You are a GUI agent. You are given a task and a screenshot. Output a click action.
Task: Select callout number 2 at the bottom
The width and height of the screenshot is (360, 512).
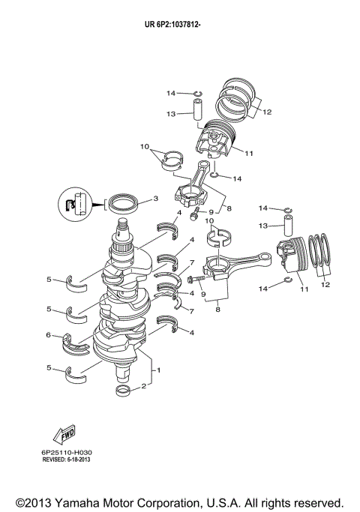click(x=143, y=387)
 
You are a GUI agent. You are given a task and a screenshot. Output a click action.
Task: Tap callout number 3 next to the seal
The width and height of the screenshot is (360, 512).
click(x=154, y=199)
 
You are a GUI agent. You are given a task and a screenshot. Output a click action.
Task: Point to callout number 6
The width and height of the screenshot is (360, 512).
click(x=49, y=335)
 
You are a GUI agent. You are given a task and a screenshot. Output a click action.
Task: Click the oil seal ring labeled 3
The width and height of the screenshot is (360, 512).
click(x=123, y=202)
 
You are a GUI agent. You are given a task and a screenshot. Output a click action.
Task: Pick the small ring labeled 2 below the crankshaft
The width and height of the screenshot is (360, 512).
click(x=124, y=392)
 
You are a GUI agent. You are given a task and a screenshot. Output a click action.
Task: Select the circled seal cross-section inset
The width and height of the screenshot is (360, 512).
click(x=75, y=205)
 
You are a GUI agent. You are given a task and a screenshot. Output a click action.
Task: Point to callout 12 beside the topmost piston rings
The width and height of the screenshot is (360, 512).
click(x=267, y=112)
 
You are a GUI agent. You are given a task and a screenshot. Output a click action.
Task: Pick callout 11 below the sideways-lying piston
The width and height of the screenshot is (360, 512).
click(x=303, y=289)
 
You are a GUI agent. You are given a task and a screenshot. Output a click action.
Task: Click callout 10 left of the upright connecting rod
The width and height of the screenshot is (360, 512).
click(x=144, y=146)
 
